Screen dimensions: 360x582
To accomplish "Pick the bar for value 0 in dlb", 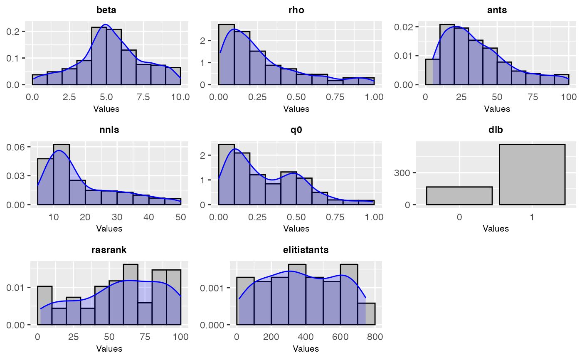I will [x=459, y=196].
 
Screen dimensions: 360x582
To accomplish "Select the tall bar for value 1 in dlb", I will [x=532, y=175].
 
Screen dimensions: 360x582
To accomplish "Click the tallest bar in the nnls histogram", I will [x=61, y=175].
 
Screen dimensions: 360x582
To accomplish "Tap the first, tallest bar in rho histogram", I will [x=226, y=54].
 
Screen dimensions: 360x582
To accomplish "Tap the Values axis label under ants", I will [x=497, y=109].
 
